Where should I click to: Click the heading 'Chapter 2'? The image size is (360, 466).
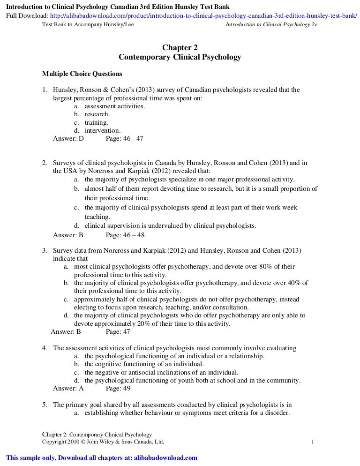180,47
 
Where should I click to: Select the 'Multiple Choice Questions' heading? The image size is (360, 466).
82,74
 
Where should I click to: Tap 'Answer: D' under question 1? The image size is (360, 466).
68,138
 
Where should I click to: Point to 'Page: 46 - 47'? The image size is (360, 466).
124,138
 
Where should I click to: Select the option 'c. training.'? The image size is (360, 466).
91,122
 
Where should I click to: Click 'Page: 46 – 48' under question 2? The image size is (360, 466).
125,234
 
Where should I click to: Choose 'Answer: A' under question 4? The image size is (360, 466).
68,388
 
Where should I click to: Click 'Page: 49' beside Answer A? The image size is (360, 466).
118,388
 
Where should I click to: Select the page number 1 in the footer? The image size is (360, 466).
313,442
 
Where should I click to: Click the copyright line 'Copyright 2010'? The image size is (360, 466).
103,442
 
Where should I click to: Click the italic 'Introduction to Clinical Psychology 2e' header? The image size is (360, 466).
271,24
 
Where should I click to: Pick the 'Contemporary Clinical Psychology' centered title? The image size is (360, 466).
180,57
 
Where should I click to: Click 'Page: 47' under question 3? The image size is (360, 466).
118,332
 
